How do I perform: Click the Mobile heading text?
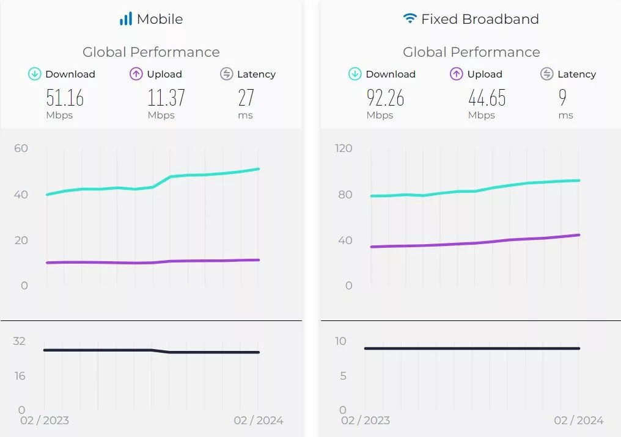[x=160, y=19]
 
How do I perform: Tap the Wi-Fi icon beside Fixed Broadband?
[x=410, y=19]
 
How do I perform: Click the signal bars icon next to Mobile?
[x=126, y=19]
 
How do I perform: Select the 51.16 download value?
[x=65, y=98]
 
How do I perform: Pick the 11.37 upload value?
[x=166, y=98]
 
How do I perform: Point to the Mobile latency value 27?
[x=245, y=98]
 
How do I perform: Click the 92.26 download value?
[x=385, y=98]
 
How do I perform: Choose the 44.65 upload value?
[x=487, y=98]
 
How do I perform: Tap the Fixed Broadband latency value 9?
[x=562, y=98]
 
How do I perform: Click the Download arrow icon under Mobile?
[x=35, y=74]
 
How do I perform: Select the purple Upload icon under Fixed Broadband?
[x=457, y=74]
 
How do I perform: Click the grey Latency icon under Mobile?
[x=227, y=74]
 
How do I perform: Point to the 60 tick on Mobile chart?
[x=21, y=148]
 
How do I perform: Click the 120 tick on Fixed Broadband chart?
[x=344, y=148]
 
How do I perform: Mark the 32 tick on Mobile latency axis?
[x=20, y=341]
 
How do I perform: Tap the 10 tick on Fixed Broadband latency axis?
[x=340, y=341]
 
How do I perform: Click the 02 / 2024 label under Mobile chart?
[x=259, y=421]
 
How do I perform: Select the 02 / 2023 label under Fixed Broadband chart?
[x=365, y=421]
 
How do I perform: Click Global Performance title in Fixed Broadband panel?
[x=471, y=52]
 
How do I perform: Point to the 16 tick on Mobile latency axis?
[x=20, y=376]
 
